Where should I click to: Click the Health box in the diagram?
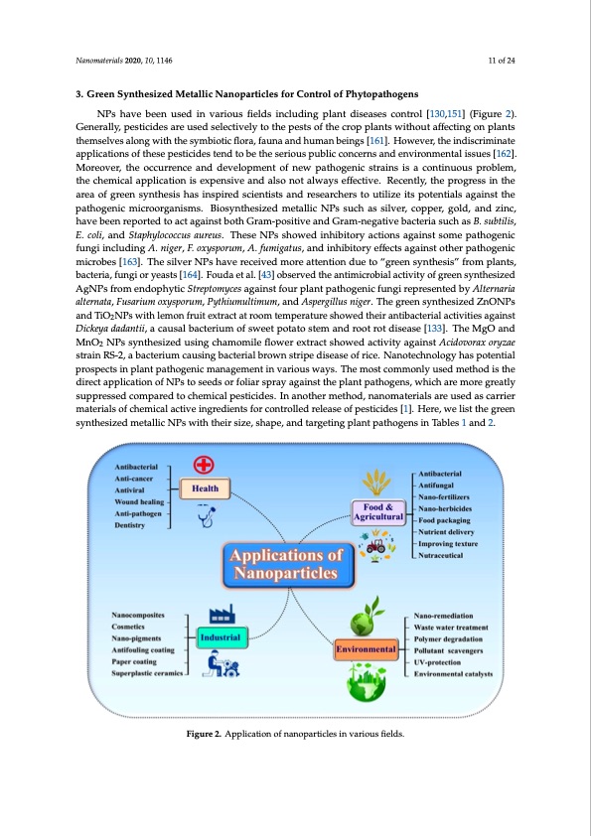pyautogui.click(x=206, y=488)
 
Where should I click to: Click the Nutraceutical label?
pyautogui.click(x=448, y=557)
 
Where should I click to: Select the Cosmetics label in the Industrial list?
pyautogui.click(x=134, y=627)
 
